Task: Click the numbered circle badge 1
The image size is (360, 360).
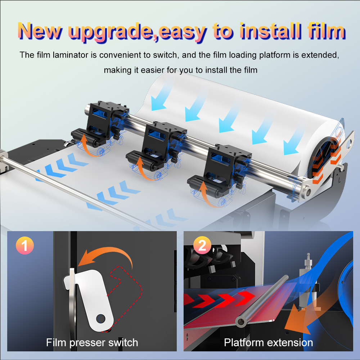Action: (x=25, y=246)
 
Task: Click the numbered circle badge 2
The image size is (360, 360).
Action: (x=202, y=245)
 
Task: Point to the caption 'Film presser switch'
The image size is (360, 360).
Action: (x=92, y=343)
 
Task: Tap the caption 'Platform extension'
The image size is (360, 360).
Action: (x=269, y=343)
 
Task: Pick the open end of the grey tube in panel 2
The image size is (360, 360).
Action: (x=240, y=321)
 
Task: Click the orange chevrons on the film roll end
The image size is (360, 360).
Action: (x=326, y=161)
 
